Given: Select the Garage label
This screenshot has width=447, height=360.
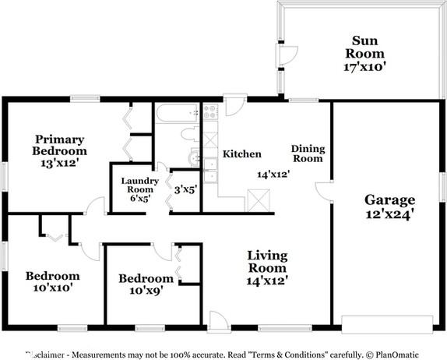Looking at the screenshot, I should [389, 199].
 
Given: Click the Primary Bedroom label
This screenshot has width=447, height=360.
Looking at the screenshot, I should [60, 145].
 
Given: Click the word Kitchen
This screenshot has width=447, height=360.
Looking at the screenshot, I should [242, 154].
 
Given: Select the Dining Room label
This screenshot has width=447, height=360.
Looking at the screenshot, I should [307, 154].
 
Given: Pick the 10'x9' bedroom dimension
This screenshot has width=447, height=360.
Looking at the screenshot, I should [146, 293].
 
